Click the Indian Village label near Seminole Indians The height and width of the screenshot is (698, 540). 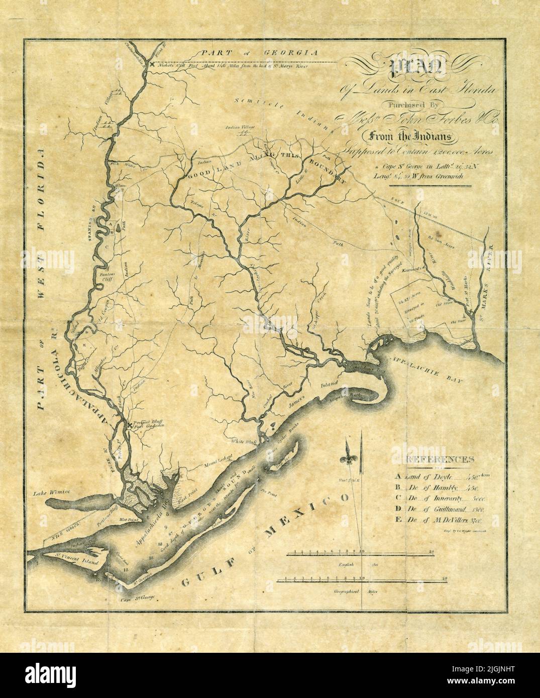pyautogui.click(x=238, y=129)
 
